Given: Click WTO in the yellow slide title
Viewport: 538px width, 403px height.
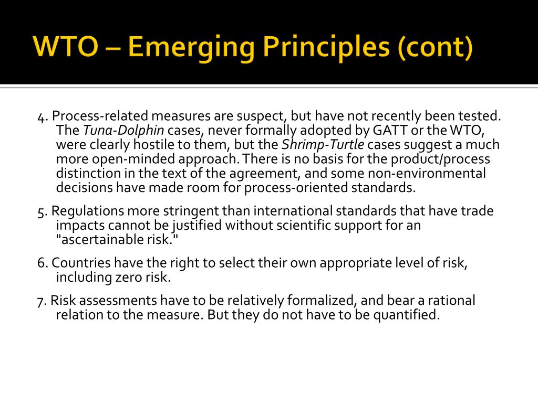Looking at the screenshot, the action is pos(66,47).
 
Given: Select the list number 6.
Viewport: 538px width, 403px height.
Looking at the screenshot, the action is pos(42,263).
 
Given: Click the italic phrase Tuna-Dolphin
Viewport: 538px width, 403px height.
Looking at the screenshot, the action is pos(123,131).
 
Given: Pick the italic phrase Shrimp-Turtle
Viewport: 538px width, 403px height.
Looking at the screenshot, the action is pos(323,145).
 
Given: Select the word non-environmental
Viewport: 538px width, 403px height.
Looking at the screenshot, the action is pos(427,173).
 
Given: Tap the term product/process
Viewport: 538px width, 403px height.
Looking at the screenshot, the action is pos(440,160).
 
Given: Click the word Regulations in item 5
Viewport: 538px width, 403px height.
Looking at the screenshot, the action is pos(88,211).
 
